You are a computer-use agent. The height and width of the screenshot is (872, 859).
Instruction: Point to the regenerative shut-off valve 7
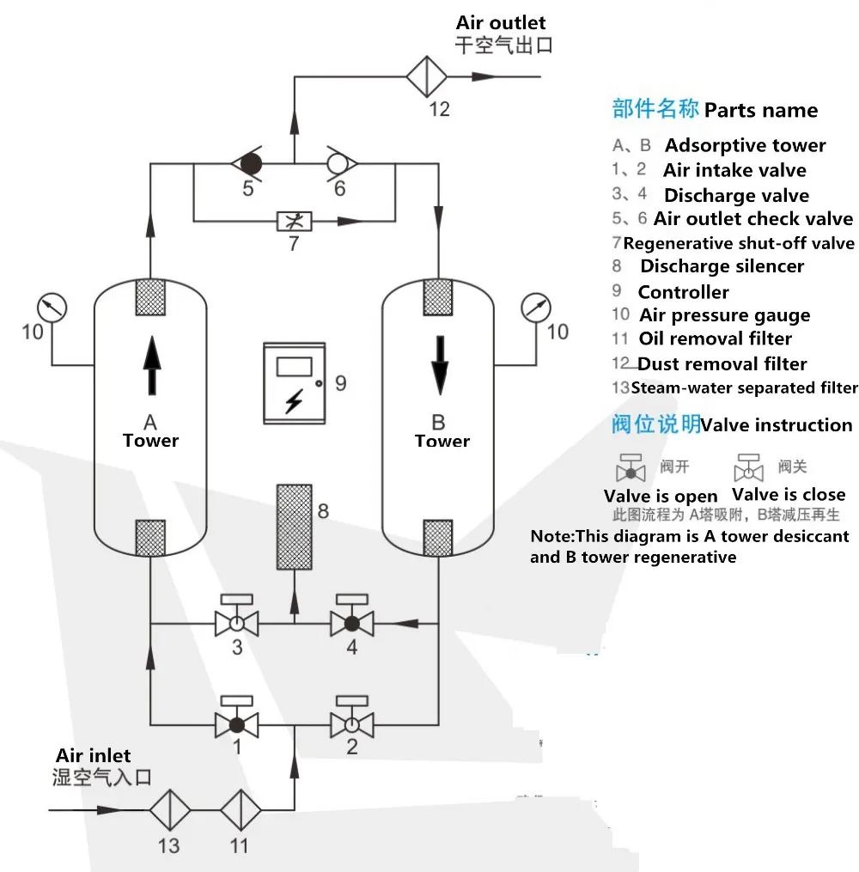[x=294, y=221]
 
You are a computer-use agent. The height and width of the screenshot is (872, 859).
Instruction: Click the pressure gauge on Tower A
[x=52, y=307]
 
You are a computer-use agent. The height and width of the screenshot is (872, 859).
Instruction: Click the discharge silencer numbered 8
[x=294, y=527]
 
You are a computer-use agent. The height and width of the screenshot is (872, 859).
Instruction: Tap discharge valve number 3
[x=236, y=621]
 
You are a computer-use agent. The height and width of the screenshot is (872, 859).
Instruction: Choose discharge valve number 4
[x=352, y=621]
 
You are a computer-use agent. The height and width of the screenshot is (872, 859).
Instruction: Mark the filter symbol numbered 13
[x=168, y=810]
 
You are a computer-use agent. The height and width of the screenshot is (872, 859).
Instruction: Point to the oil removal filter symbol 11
[x=240, y=810]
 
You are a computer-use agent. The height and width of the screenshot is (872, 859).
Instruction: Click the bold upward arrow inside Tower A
[x=151, y=364]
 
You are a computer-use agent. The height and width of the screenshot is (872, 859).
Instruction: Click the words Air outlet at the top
[x=501, y=22]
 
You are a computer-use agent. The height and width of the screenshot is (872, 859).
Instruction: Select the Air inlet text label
[x=94, y=756]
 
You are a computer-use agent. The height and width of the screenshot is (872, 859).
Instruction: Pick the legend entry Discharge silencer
[x=722, y=266]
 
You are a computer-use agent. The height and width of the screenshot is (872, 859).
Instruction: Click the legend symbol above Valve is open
[x=632, y=468]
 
